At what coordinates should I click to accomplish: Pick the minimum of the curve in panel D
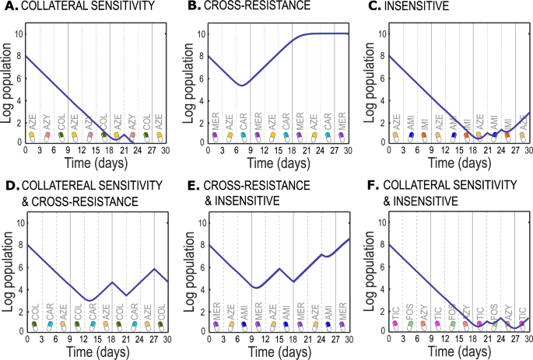click(89, 300)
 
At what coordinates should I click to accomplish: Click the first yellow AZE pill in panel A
click(32, 135)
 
